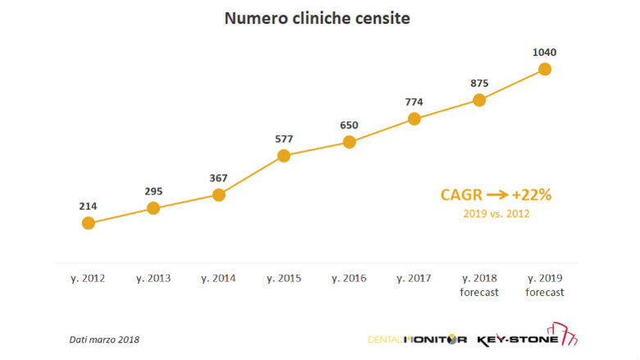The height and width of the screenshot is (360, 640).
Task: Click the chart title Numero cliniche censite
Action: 318,17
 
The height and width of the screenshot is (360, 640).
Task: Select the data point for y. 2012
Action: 88,222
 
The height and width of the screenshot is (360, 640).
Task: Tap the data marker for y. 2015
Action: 284,155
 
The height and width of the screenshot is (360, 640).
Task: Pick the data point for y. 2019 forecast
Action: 544,69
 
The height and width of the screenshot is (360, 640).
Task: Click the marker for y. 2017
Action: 414,119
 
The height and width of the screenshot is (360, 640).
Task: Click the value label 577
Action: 284,138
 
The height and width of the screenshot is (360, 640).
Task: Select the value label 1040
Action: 544,52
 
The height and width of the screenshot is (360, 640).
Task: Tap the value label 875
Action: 479,83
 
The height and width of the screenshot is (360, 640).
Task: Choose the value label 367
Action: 218,177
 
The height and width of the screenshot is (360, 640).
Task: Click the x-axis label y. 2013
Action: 153,279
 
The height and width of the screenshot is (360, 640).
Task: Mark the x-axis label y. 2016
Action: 349,279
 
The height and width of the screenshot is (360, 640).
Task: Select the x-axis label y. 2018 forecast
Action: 479,285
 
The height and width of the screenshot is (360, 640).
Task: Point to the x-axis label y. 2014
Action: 218,279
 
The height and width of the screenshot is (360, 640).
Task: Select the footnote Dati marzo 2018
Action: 104,339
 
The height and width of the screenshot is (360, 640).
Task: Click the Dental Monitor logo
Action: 419,339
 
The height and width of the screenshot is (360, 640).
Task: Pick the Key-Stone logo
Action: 529,337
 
